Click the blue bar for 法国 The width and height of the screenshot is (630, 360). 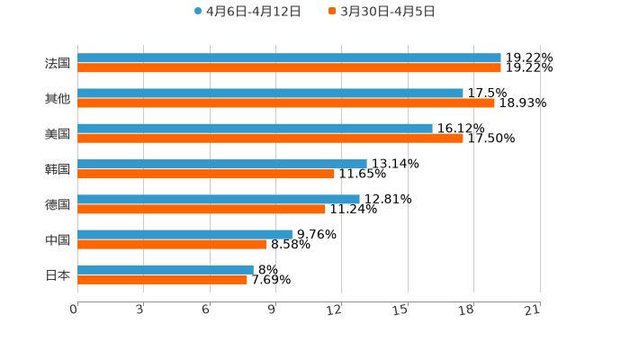(x=289, y=58)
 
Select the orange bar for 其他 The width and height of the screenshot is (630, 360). (x=286, y=103)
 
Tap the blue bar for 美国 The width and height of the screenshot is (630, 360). (x=255, y=129)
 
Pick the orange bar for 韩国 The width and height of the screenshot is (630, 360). (x=206, y=174)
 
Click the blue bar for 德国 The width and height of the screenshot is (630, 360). (x=219, y=199)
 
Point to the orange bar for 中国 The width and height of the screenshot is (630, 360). (x=172, y=244)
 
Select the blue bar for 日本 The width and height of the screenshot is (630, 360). (x=166, y=269)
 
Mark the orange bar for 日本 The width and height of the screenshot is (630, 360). (x=162, y=280)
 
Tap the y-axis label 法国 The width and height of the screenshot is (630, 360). (x=58, y=63)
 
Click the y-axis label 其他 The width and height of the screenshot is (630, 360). (x=58, y=98)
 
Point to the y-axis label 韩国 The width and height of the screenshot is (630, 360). (x=58, y=169)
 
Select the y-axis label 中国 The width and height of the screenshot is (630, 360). (x=58, y=239)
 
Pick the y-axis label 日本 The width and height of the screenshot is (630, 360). (x=58, y=274)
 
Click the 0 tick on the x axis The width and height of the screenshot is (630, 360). (x=74, y=310)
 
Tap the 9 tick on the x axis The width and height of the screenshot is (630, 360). (x=272, y=310)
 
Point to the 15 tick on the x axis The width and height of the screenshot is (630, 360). (x=401, y=310)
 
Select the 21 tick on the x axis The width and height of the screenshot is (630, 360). (x=533, y=310)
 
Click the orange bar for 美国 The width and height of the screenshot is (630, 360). (x=270, y=139)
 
